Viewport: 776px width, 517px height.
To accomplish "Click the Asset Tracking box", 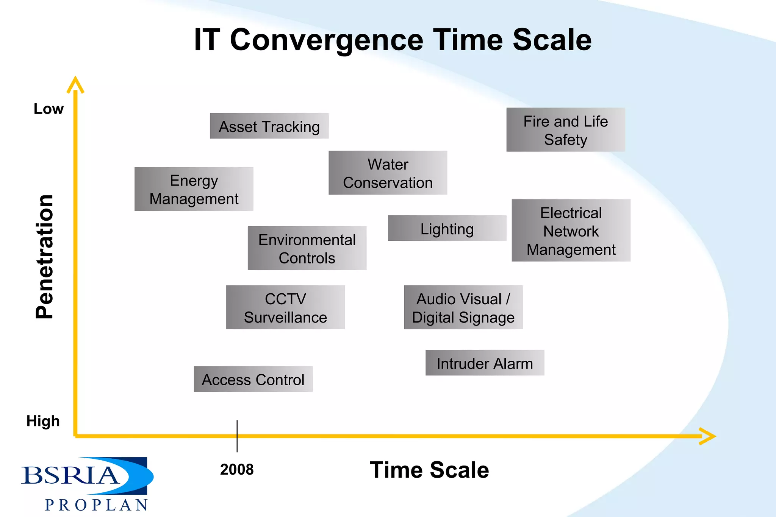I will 269,126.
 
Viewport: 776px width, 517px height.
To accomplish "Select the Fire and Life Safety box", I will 565,130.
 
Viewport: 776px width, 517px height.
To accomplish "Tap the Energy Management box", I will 194,189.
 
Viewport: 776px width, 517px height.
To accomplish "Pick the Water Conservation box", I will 388,173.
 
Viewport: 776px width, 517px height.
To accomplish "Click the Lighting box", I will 447,228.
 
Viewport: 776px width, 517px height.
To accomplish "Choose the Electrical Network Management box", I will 571,230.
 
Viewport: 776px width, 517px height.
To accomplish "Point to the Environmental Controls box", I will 307,248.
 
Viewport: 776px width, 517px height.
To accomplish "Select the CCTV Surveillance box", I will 285,307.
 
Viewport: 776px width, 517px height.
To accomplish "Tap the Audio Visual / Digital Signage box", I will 463,307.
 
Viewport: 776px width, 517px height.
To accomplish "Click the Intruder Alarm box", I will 485,363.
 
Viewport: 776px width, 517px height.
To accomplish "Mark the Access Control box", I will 253,379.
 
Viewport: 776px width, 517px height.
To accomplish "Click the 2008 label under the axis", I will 237,469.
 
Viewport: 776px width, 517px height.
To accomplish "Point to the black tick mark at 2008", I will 237,436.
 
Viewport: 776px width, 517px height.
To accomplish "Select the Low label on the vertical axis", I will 48,109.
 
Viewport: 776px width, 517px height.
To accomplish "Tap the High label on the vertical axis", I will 43,421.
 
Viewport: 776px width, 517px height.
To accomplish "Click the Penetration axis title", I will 45,257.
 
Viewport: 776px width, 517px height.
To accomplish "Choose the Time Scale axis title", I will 429,470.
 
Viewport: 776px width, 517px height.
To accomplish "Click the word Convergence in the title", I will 327,40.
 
